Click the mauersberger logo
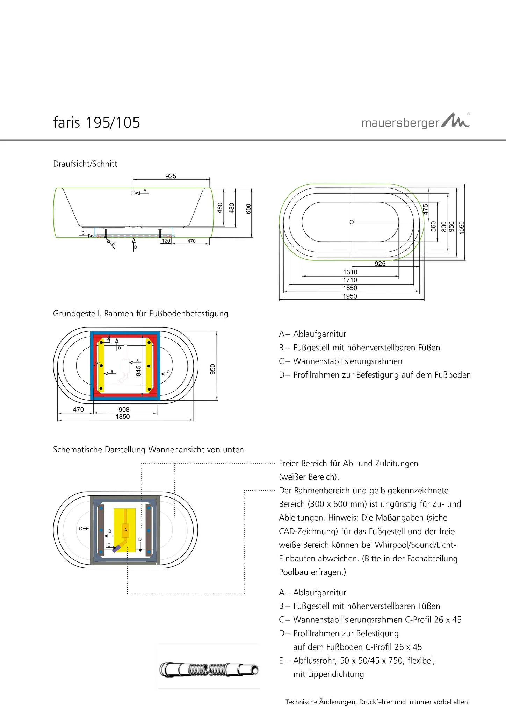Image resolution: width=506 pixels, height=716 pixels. tap(415, 121)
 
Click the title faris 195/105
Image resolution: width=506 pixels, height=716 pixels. tap(97, 122)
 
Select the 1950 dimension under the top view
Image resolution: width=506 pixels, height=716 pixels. tap(350, 296)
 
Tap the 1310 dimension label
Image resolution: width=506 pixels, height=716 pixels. tap(350, 272)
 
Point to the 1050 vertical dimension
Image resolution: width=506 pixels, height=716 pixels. tap(462, 228)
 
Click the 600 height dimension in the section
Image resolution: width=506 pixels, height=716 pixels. tap(248, 209)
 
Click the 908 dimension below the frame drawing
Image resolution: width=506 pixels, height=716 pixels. tap(124, 410)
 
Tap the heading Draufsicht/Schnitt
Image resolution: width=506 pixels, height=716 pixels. tap(85, 164)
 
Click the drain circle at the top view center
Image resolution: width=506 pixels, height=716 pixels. tap(352, 222)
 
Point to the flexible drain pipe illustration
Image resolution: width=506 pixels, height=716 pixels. tap(209, 670)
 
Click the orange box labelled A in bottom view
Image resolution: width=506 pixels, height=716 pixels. tap(126, 530)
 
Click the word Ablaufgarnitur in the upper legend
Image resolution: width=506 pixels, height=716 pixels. tap(320, 334)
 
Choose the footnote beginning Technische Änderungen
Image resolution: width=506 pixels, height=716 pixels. tap(377, 702)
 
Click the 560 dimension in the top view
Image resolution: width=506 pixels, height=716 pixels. tap(434, 226)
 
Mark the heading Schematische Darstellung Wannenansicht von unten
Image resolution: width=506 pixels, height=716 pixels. tap(149, 450)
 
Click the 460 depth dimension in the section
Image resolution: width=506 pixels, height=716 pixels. tap(220, 208)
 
